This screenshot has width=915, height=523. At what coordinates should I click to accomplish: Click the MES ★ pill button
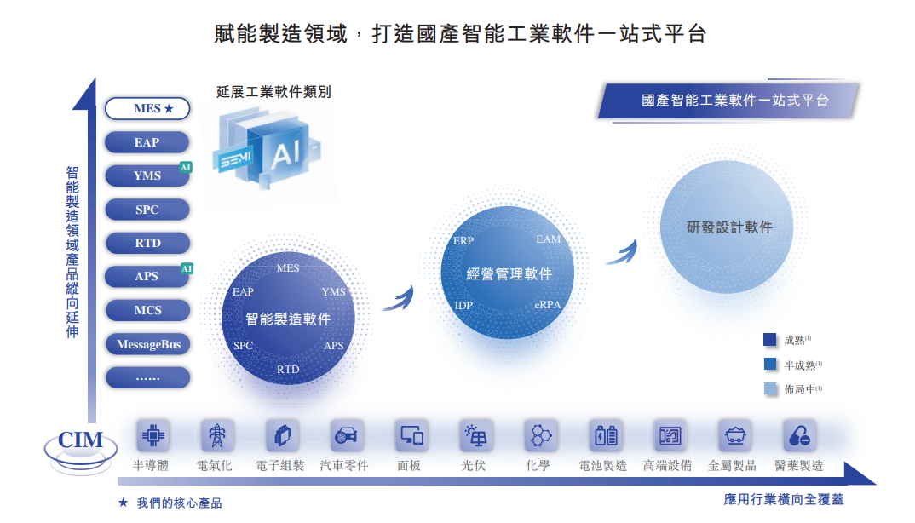(147, 109)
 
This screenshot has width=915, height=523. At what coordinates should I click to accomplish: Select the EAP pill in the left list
(147, 142)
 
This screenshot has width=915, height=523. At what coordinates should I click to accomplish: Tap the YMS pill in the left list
(147, 175)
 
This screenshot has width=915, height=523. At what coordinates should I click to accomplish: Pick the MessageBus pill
(147, 344)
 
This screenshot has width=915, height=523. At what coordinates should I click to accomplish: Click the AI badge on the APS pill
(187, 268)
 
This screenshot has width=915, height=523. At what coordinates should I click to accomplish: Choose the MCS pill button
(147, 310)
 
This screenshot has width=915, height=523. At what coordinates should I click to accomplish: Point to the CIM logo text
(80, 440)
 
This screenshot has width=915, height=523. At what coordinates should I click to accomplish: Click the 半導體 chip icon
(153, 435)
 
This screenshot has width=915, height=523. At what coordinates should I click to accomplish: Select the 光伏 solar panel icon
(475, 435)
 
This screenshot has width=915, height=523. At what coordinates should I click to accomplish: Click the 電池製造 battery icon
(604, 435)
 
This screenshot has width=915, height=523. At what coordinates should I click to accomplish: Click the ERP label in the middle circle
(463, 241)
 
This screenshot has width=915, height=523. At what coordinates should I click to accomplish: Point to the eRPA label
(547, 305)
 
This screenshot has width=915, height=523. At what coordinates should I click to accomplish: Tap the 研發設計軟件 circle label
(729, 227)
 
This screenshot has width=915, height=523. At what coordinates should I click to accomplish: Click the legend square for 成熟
(770, 340)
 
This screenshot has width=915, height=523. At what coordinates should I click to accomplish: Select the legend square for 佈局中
(770, 389)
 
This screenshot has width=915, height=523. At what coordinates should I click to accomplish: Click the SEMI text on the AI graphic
(235, 160)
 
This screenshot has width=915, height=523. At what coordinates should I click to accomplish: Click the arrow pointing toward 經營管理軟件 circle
(398, 298)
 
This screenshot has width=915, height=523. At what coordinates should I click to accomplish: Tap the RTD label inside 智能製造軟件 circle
(288, 370)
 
